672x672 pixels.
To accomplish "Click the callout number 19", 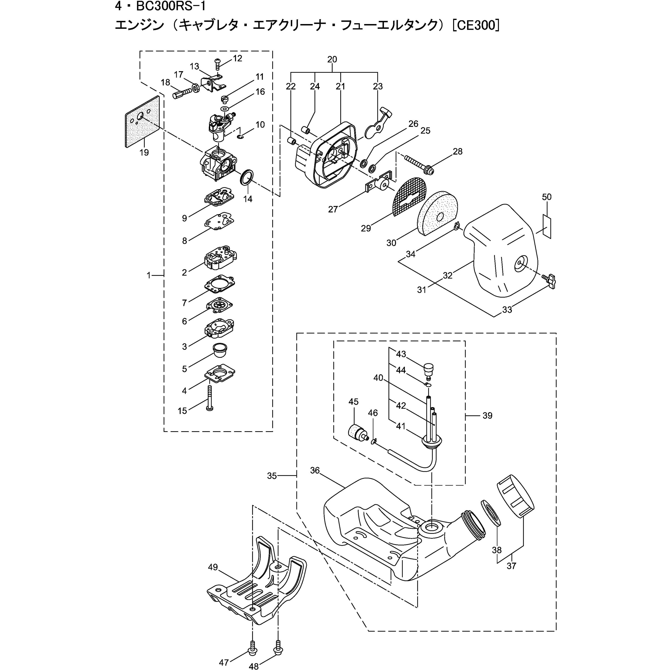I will coord(144,152).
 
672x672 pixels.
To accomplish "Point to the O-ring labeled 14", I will coord(247,178).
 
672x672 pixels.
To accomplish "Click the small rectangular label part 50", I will coord(547,226).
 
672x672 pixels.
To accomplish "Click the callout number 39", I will coord(487,416).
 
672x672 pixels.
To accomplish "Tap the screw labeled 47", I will coord(251,648).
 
